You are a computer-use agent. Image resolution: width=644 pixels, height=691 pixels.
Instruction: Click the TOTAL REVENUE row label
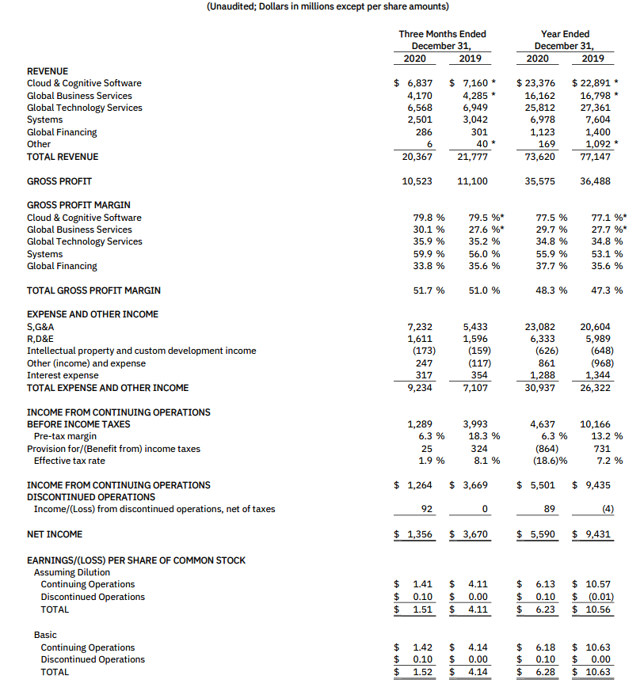coord(63,157)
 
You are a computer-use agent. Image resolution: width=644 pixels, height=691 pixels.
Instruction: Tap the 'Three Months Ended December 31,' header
coord(442,40)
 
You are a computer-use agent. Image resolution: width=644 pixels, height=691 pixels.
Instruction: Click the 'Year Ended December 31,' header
coord(565,40)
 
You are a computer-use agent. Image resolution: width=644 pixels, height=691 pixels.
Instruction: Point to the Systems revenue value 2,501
coord(417,120)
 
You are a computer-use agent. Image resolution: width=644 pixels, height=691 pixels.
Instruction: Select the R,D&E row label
coord(40,338)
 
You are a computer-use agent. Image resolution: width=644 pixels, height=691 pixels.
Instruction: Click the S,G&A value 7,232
coord(420,326)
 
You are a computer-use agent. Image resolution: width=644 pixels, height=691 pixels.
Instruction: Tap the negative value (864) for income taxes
coord(543,449)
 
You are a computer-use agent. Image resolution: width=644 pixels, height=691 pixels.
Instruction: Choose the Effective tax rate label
coord(69,461)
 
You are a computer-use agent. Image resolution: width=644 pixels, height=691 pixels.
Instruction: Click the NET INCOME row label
coord(55,534)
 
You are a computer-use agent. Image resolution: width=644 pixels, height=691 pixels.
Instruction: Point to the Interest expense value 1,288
coord(543,375)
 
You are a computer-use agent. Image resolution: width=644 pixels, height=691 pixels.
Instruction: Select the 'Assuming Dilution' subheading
coord(72,572)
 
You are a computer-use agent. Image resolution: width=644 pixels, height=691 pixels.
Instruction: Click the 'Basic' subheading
coord(46,635)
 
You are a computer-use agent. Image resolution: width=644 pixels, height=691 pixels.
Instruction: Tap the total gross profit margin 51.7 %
coord(429,290)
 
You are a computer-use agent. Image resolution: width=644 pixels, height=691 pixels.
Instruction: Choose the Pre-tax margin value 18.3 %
coord(480,436)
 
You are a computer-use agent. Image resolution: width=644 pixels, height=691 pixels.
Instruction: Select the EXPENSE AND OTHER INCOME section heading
coord(93,314)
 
